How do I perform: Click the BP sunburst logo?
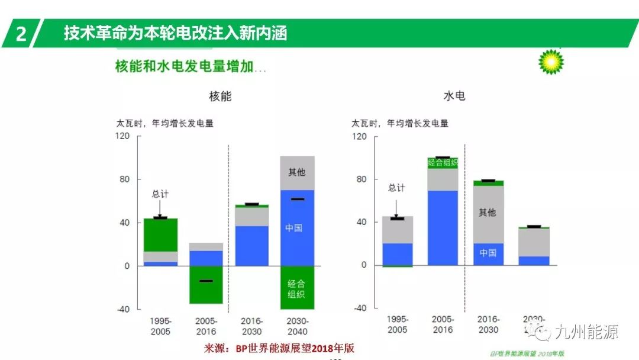pos(551,62)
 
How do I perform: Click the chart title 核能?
pos(220,96)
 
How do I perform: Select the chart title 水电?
pos(454,96)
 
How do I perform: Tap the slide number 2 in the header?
pos(21,34)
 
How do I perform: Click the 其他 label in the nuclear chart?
pos(296,172)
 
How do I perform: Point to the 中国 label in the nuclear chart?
pos(293,227)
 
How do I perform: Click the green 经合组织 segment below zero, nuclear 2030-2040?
pos(296,288)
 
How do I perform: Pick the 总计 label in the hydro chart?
pos(396,188)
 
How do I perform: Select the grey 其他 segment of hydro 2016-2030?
pos(488,213)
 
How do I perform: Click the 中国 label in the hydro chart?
pos(488,253)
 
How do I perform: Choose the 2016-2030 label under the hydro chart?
pos(488,324)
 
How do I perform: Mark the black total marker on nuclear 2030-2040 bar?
pos(297,200)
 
